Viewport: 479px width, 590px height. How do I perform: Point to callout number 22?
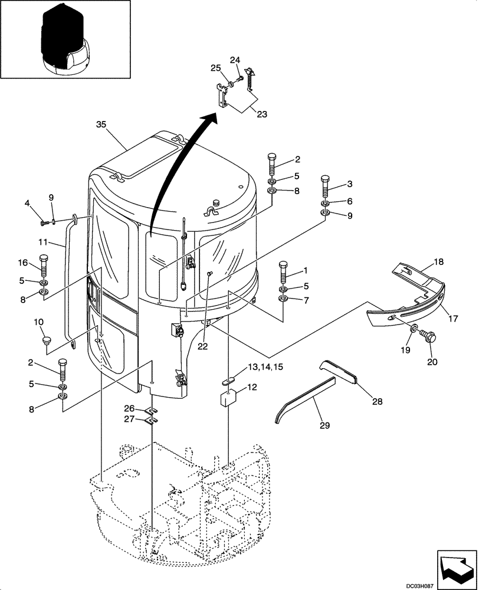click(202, 347)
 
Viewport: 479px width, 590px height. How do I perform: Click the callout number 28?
click(376, 402)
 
